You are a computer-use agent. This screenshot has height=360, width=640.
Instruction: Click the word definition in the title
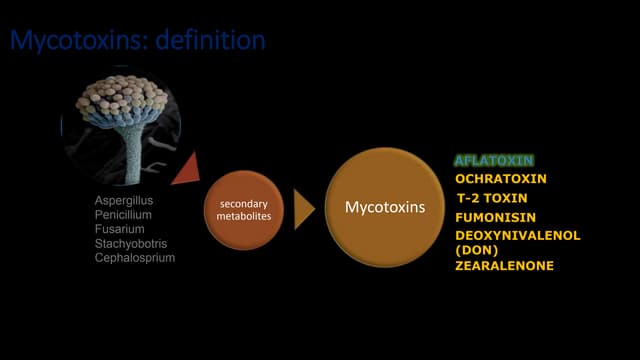[207, 41]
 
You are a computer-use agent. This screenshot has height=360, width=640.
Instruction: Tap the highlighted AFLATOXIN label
[494, 160]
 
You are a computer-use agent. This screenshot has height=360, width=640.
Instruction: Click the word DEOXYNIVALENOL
[518, 235]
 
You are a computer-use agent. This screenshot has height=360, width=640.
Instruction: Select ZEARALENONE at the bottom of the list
[504, 266]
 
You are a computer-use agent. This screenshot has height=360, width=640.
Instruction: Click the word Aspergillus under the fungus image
[124, 200]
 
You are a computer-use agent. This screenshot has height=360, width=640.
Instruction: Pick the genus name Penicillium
[122, 214]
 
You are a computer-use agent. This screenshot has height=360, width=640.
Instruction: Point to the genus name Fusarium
[118, 229]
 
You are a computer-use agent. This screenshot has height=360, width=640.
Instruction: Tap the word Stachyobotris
[129, 243]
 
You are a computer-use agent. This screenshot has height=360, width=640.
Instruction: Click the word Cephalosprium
[134, 257]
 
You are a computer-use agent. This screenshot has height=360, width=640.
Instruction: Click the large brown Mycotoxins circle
[385, 208]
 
